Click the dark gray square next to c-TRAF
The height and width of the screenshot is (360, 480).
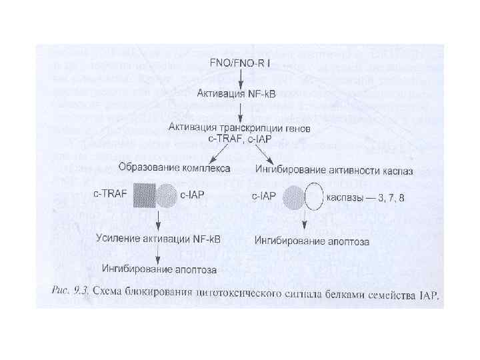coord(144,197)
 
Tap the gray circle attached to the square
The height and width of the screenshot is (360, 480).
coord(166,197)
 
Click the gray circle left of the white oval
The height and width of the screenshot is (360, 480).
coord(293,198)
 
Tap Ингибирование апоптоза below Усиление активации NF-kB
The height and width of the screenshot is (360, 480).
coord(159,269)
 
